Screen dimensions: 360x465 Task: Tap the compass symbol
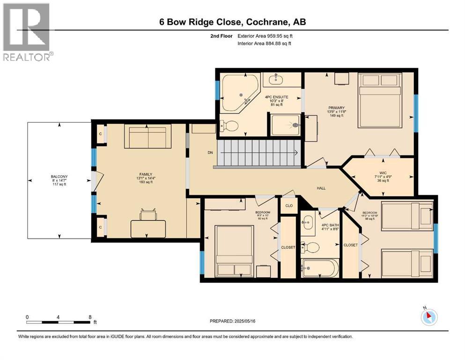(x=428, y=317)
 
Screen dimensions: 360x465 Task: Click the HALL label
(x=321, y=188)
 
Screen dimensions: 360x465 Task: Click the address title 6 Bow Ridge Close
(x=231, y=22)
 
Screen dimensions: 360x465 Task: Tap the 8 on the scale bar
(x=90, y=316)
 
